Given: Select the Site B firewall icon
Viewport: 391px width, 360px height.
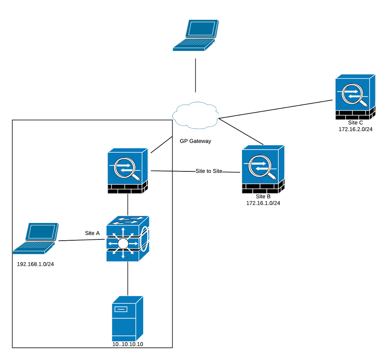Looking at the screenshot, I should click(262, 169).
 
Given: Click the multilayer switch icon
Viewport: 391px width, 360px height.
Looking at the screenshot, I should click(128, 238).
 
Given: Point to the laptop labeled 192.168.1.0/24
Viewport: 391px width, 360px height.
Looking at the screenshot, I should click(36, 239).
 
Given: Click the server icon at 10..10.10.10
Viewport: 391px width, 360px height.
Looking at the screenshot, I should click(128, 319).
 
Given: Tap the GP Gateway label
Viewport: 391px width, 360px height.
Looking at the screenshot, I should click(195, 141).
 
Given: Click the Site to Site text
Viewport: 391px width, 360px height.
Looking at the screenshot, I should click(209, 171).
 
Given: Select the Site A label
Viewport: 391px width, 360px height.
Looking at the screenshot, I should click(92, 233).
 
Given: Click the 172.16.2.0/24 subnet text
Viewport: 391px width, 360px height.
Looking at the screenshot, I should click(355, 129).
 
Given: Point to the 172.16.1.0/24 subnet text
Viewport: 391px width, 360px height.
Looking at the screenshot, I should click(263, 203).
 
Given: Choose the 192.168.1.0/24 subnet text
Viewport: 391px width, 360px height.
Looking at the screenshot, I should click(35, 264).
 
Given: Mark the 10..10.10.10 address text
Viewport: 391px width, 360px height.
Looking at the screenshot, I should click(128, 344).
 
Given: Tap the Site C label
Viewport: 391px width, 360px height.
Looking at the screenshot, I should click(355, 122).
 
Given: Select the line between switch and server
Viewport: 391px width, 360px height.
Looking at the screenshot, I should click(128, 279).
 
